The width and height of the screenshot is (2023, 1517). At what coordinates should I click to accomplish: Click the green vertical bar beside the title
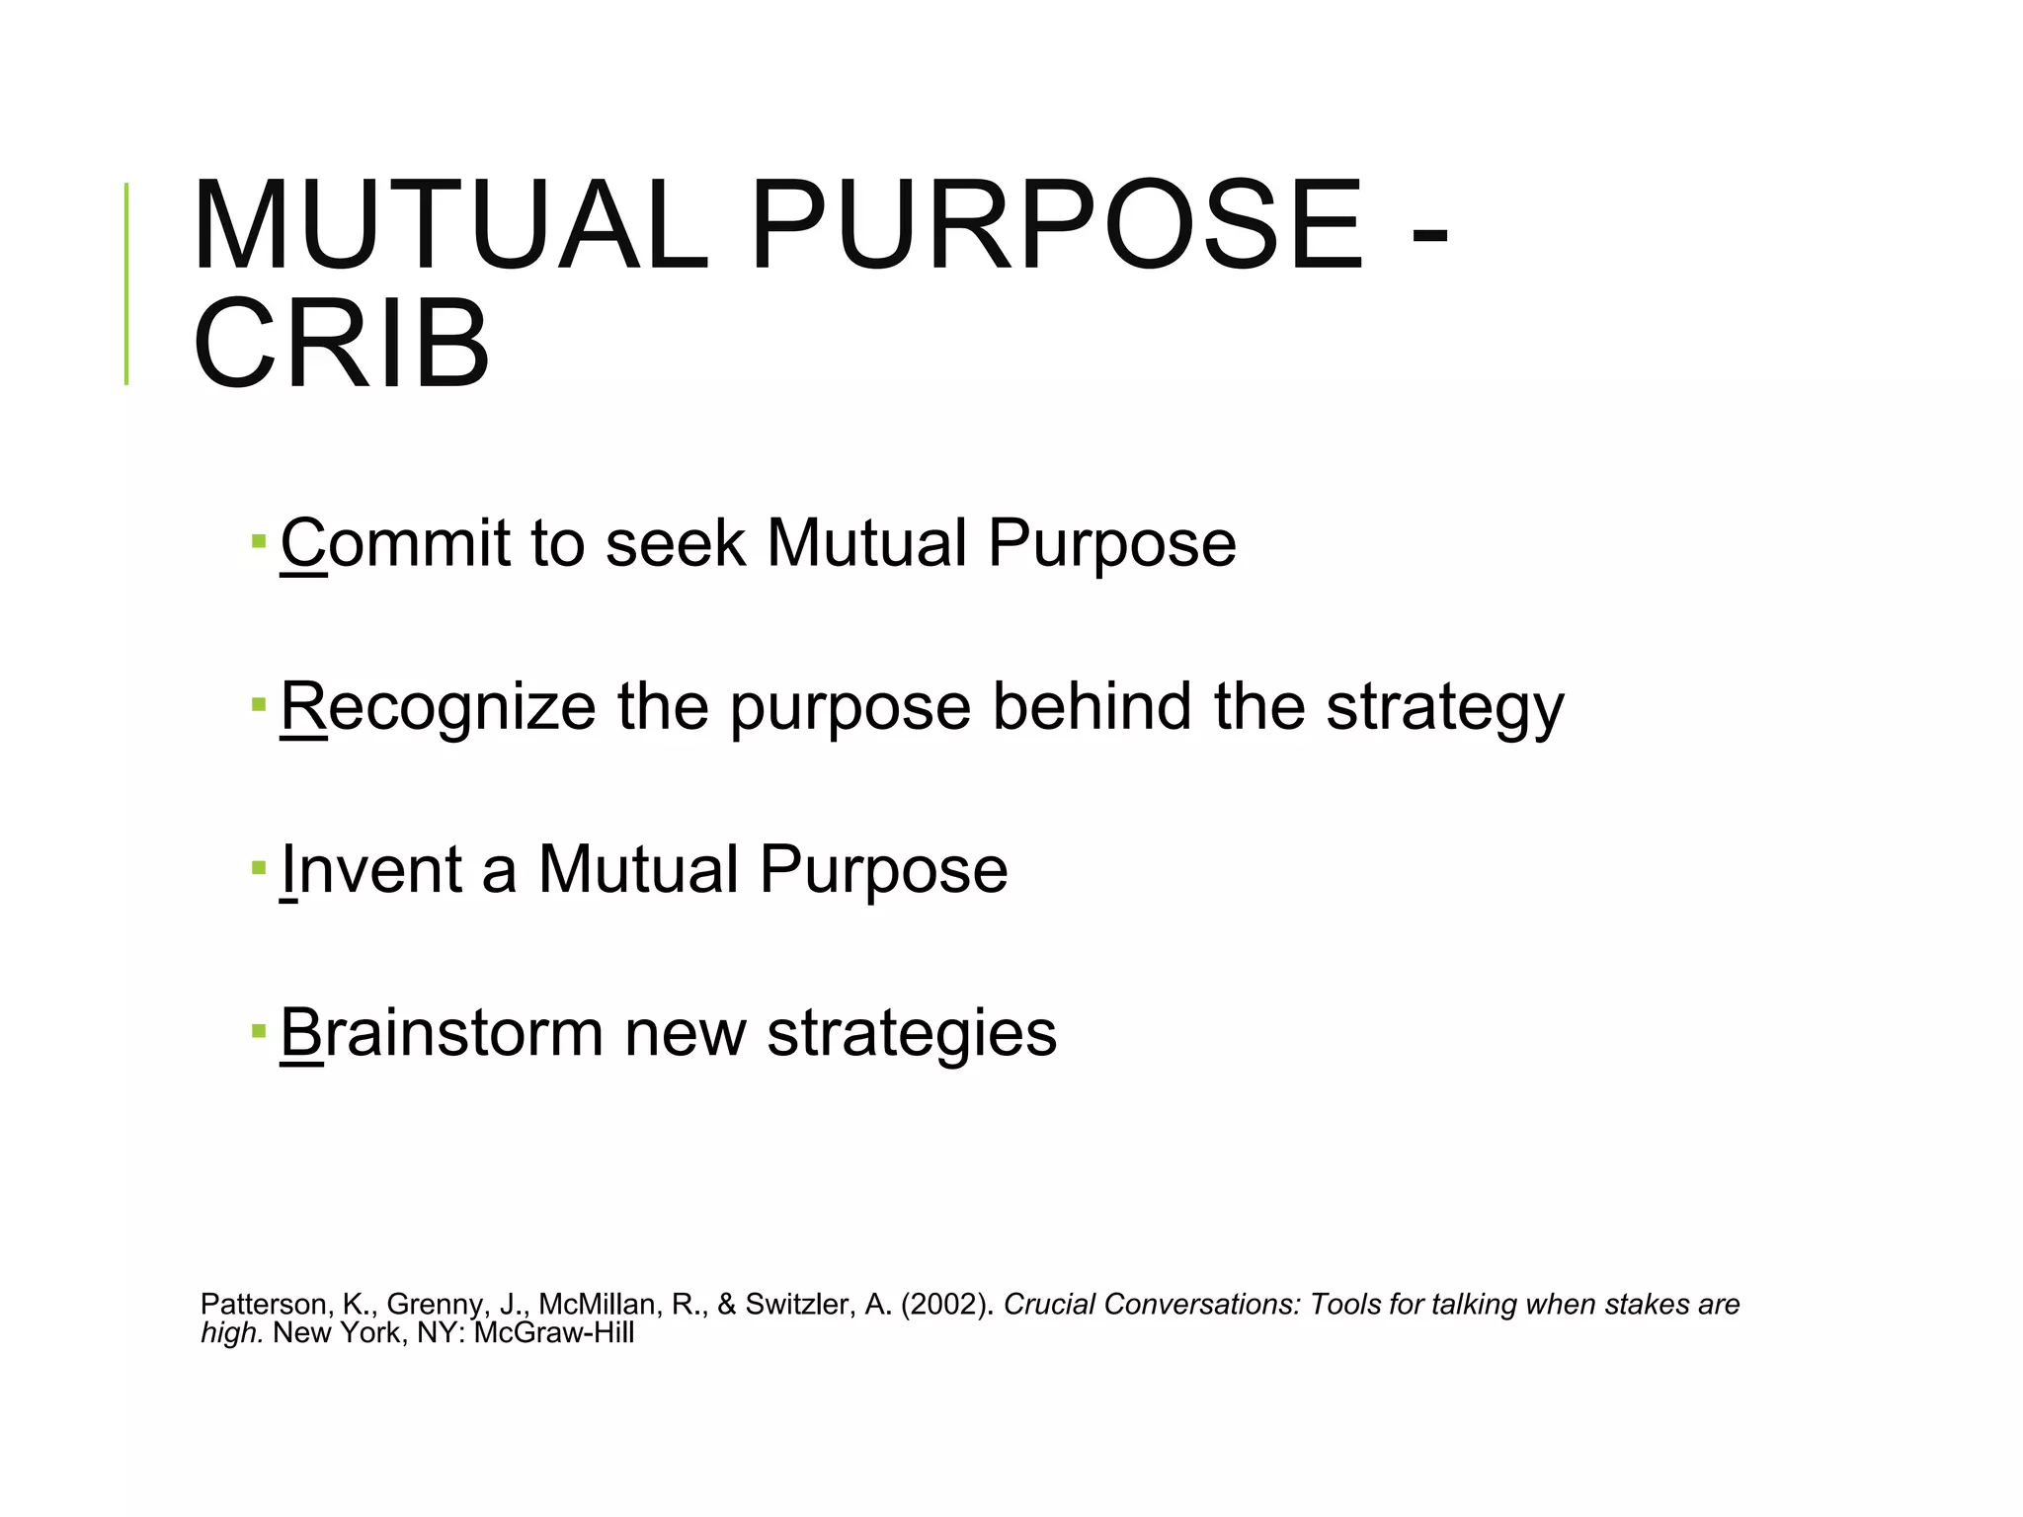[x=126, y=283]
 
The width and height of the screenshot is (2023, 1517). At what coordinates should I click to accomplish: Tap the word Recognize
[x=438, y=707]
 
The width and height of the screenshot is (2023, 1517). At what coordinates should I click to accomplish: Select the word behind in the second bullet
[x=1092, y=707]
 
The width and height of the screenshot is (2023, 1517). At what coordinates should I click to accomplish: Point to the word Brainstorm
[x=441, y=1033]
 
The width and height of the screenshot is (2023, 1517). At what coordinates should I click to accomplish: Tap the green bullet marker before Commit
[x=259, y=541]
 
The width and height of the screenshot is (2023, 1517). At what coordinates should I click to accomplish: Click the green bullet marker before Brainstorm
[x=259, y=1031]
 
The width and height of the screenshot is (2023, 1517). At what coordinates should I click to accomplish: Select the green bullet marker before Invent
[x=259, y=868]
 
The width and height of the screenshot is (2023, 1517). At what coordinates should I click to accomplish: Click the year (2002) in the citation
[x=947, y=1305]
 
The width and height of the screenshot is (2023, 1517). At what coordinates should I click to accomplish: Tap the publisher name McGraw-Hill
[x=554, y=1333]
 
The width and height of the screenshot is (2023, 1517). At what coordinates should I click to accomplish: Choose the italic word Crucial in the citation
[x=1050, y=1305]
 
